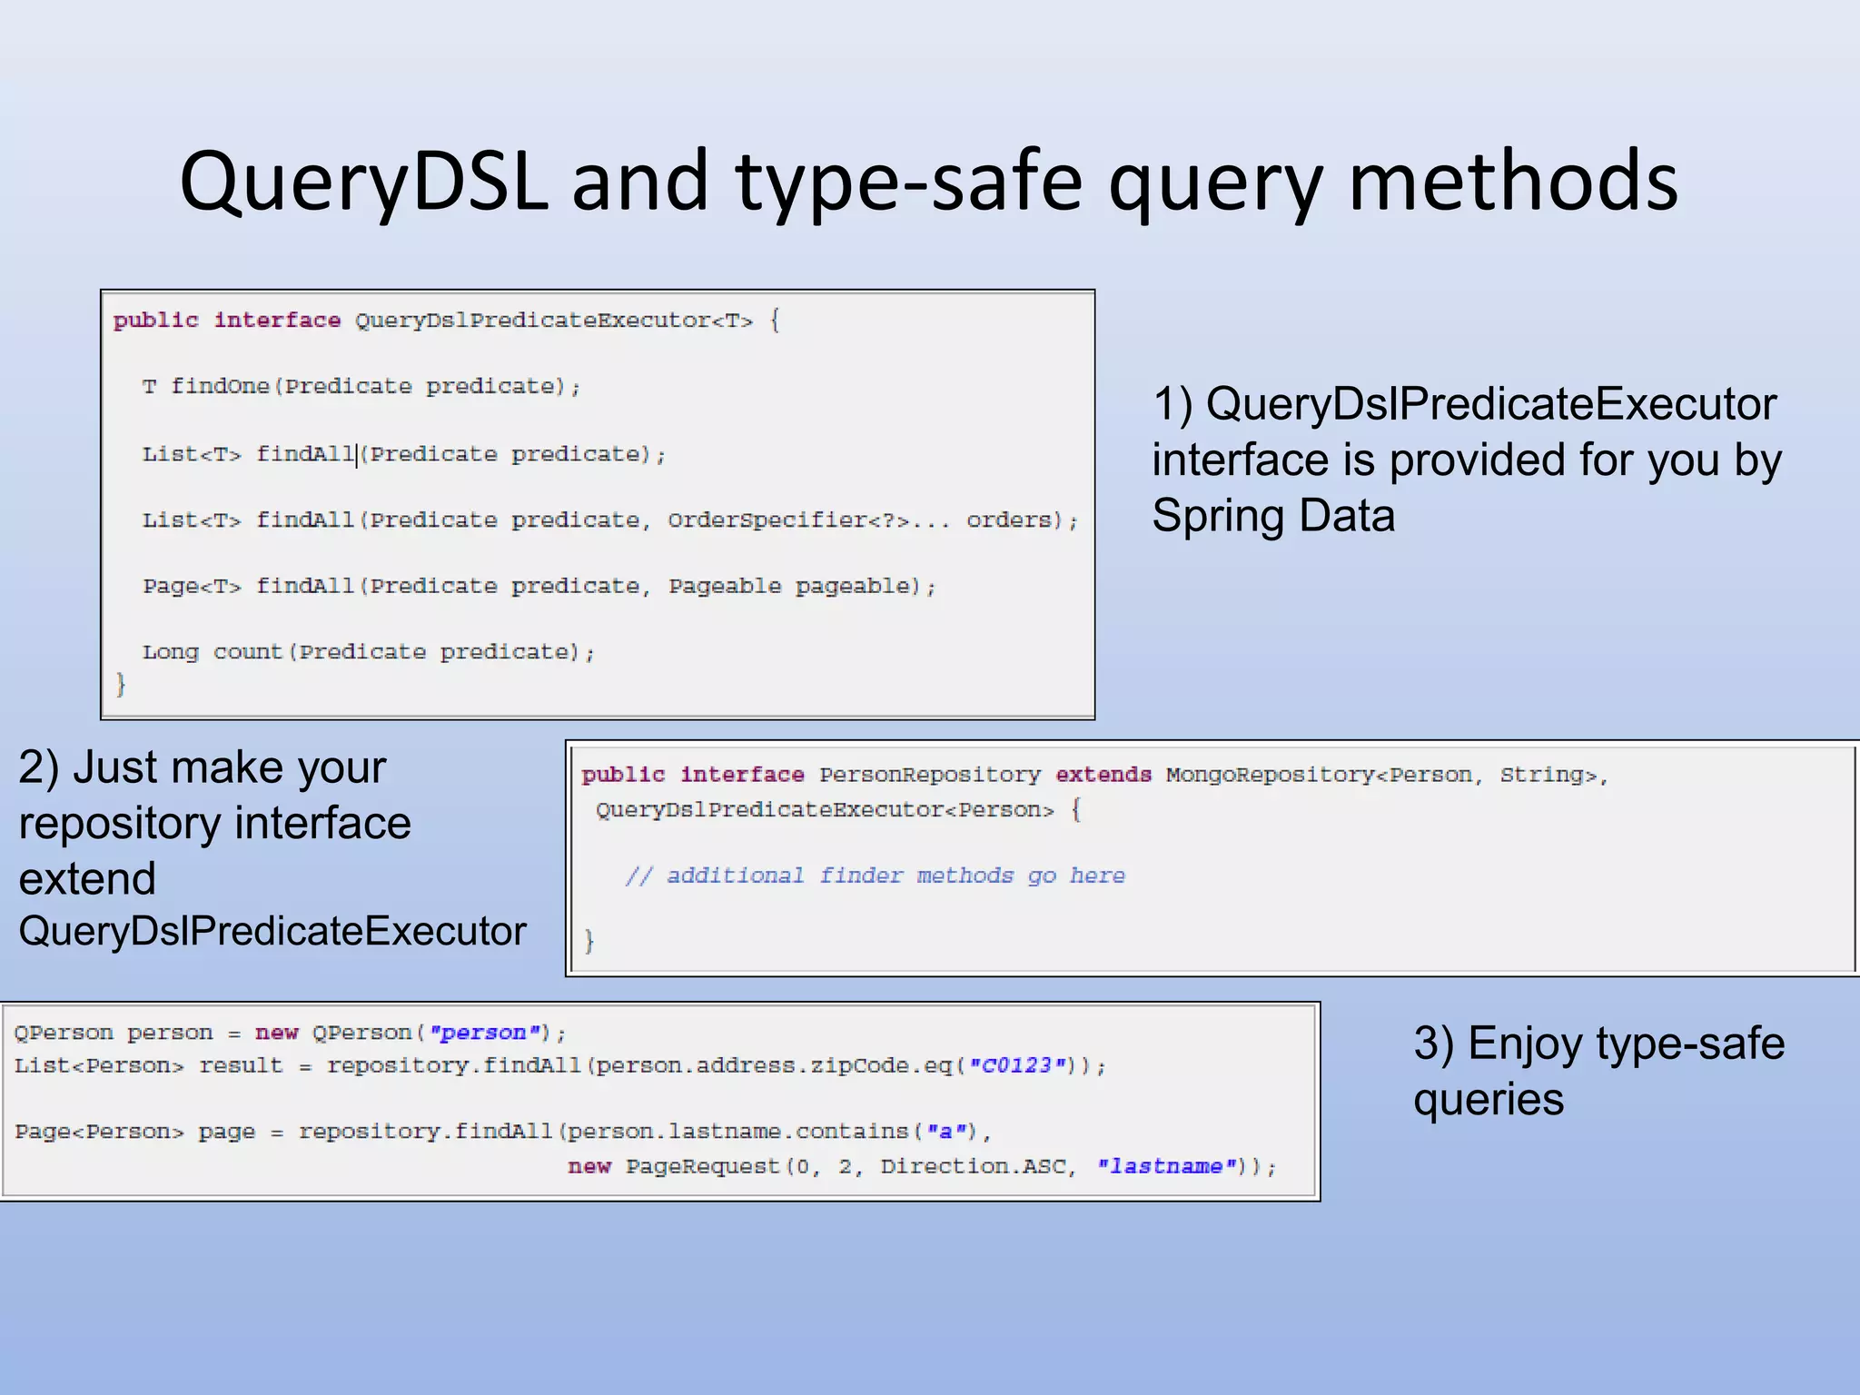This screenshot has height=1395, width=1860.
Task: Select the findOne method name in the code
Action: (220, 387)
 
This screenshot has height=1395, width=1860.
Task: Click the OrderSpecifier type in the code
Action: (768, 520)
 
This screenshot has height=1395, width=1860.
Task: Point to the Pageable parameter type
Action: (725, 587)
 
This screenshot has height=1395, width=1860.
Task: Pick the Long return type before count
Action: (170, 652)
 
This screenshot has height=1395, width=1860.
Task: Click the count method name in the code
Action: (248, 652)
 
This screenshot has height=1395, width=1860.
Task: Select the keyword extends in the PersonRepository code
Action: (1103, 775)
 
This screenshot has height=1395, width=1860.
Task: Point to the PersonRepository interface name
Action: (929, 775)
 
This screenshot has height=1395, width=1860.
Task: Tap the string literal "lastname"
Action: (1166, 1166)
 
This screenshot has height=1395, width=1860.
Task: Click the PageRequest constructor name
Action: (703, 1166)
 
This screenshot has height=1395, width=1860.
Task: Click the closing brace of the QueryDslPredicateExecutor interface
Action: (120, 684)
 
